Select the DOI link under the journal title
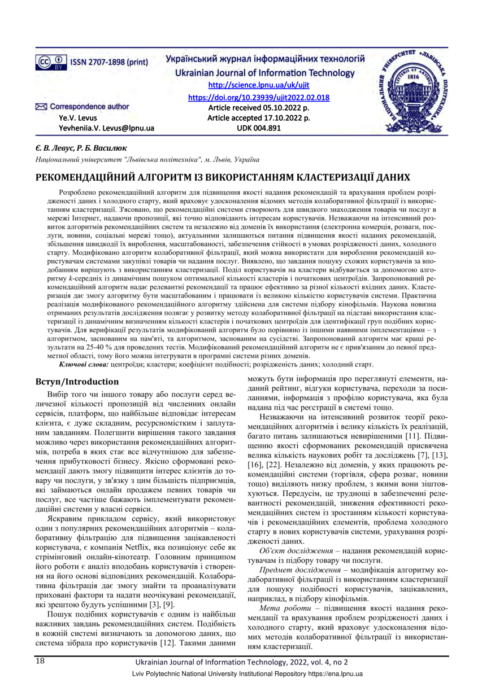point(258,97)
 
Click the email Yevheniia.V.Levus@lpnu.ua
point(106,128)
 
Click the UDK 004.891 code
point(258,128)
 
